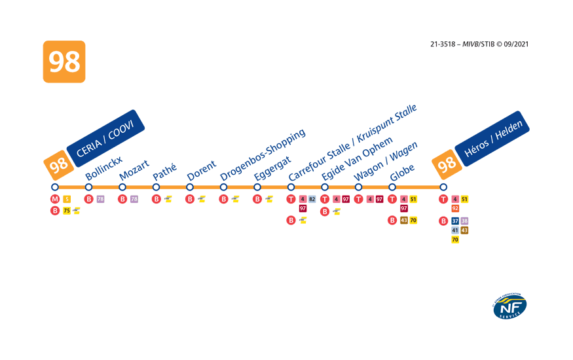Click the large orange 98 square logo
pos(64,62)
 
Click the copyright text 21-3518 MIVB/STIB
pos(479,45)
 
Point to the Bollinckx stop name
pos(103,169)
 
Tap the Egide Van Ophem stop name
pos(357,159)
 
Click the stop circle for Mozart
pos(122,187)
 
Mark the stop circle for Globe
pos(392,187)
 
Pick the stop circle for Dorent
pos(190,187)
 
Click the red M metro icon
pos(55,199)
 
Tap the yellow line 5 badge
pos(67,199)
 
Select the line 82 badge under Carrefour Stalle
pos(312,199)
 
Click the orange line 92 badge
pos(455,208)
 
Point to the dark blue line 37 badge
pos(455,221)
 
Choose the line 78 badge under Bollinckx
pos(100,199)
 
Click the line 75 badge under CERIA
pos(67,210)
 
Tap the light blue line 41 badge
pos(455,230)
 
